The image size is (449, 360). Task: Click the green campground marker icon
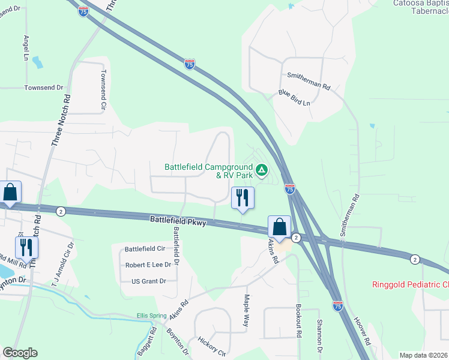point(262,170)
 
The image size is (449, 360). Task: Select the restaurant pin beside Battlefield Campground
point(243,198)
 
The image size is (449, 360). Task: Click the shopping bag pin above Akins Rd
point(279,227)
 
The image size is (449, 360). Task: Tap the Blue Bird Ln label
point(294,98)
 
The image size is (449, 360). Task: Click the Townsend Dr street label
point(44,88)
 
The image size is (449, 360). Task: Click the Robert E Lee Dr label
point(149,265)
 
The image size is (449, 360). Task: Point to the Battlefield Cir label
point(145,249)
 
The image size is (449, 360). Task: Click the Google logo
point(20,353)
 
